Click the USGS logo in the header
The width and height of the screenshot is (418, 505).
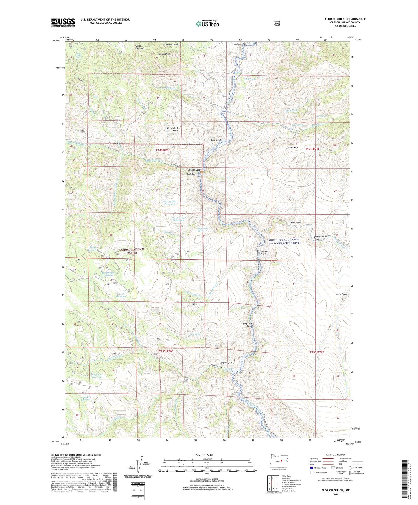tap(63, 22)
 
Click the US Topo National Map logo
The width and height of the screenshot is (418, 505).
tap(207, 23)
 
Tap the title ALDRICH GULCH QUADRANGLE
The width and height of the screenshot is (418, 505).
tap(345, 19)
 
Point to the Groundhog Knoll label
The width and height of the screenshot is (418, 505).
tap(172, 129)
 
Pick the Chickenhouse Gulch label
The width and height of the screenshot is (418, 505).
tap(320, 238)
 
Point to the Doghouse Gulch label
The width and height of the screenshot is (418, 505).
tap(248, 325)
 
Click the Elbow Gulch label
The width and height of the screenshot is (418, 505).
tap(226, 363)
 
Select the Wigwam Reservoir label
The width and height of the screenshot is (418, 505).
tap(97, 375)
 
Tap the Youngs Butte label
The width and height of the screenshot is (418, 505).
tap(164, 54)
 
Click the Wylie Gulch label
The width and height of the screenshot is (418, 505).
tap(342, 294)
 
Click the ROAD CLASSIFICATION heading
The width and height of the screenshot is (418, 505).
tap(335, 455)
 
